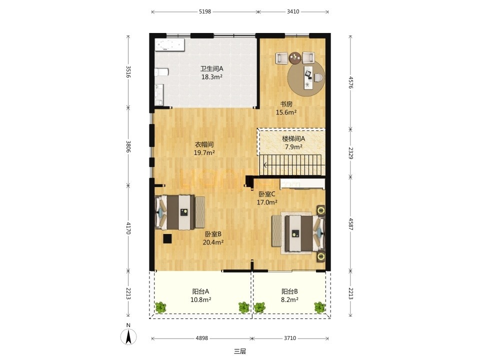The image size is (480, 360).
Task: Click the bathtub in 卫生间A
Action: [x=170, y=45]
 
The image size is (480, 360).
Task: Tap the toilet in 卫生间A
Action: [x=161, y=72]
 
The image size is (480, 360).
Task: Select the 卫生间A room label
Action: [x=212, y=69]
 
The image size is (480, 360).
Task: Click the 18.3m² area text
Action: [x=212, y=77]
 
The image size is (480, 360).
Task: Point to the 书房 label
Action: [x=286, y=104]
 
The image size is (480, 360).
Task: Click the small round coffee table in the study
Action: [x=295, y=58]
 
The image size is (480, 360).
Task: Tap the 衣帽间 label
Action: [x=204, y=144]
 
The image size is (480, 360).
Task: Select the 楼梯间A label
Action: [x=293, y=138]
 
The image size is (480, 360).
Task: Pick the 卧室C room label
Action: [x=267, y=194]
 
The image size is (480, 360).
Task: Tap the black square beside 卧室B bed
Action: [x=167, y=239]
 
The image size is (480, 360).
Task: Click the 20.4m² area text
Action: [x=213, y=242]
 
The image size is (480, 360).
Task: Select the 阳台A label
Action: [x=200, y=291]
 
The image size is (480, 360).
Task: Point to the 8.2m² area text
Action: [x=289, y=299]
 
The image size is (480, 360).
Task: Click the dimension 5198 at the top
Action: [x=205, y=11]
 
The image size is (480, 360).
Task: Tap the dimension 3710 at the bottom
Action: [x=290, y=338]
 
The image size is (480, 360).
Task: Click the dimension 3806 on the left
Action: [x=128, y=146]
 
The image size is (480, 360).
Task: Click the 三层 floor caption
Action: [x=240, y=351]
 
